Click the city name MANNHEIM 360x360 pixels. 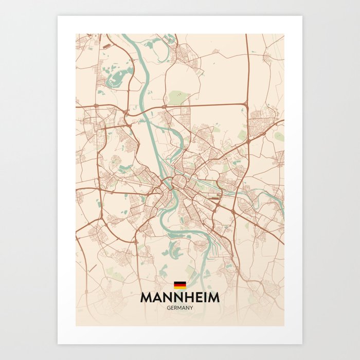(x=179, y=298)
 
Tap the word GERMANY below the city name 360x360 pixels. (x=180, y=308)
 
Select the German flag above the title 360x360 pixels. (x=179, y=285)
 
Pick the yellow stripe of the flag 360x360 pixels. (x=179, y=287)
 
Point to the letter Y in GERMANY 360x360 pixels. (x=191, y=308)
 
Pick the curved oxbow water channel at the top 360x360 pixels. (x=154, y=44)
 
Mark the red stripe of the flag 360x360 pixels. (x=179, y=285)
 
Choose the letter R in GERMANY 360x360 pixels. (x=176, y=308)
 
